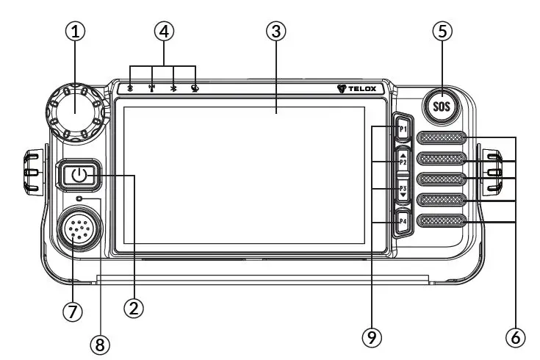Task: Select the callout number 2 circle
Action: (x=133, y=309)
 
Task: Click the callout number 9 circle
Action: (x=372, y=337)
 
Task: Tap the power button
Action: (x=80, y=176)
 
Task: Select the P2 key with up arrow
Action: (x=403, y=159)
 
